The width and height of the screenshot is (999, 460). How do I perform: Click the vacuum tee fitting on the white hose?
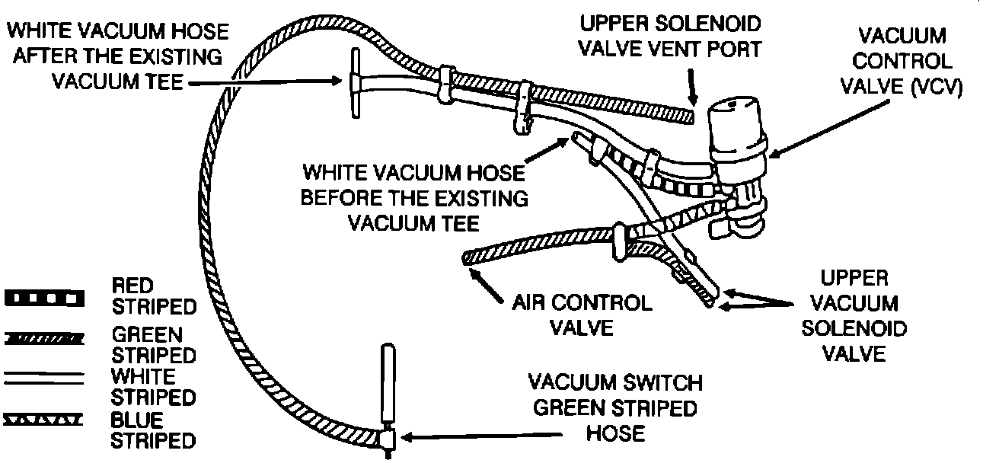coord(356,82)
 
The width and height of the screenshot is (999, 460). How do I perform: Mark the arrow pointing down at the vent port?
coord(691,88)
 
